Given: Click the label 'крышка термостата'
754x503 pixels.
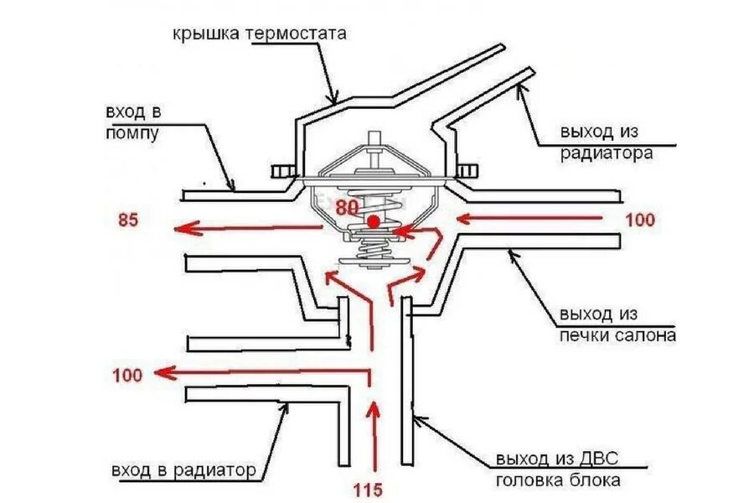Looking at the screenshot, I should tap(259, 35).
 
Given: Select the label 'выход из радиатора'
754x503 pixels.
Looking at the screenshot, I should tap(607, 143).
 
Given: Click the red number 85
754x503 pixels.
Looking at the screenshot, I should tap(128, 222).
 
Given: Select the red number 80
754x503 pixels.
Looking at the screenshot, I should tap(347, 205).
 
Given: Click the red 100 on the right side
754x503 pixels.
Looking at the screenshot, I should tap(640, 220).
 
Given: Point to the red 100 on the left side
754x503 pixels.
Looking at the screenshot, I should tap(127, 375).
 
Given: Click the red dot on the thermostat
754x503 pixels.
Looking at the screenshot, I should tap(373, 220).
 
